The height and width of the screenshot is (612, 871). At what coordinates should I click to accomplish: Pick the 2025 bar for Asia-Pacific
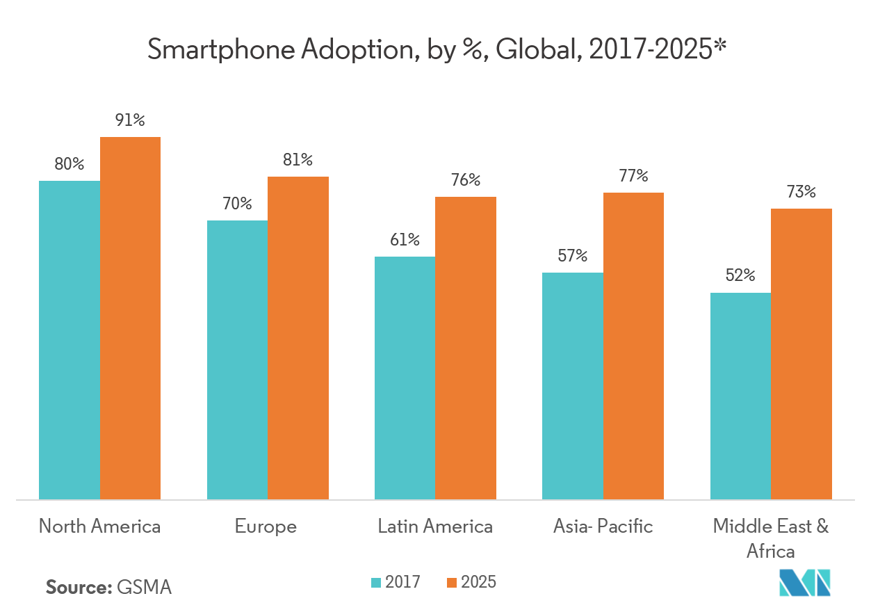(633, 346)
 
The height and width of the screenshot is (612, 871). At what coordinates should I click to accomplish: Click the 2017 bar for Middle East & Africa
(740, 396)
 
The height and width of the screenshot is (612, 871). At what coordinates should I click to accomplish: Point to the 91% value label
(130, 120)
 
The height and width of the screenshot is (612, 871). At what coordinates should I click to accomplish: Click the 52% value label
(740, 275)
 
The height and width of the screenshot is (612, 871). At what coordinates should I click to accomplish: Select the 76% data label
(465, 180)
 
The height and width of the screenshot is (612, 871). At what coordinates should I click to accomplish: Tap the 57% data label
(572, 256)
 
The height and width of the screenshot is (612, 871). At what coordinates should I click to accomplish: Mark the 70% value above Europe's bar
(237, 204)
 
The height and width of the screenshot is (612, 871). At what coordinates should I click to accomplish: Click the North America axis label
(99, 526)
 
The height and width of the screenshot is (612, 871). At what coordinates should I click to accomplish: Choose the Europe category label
(266, 526)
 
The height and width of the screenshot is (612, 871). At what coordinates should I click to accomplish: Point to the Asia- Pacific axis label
(603, 526)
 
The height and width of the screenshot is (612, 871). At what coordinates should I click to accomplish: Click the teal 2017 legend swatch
(377, 582)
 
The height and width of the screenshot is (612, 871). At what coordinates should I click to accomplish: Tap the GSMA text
(145, 587)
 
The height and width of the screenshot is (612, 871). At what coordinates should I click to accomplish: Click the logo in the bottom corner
(805, 582)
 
